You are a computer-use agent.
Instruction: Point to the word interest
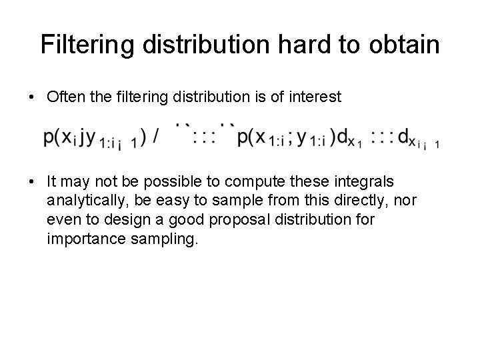[x=316, y=97]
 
